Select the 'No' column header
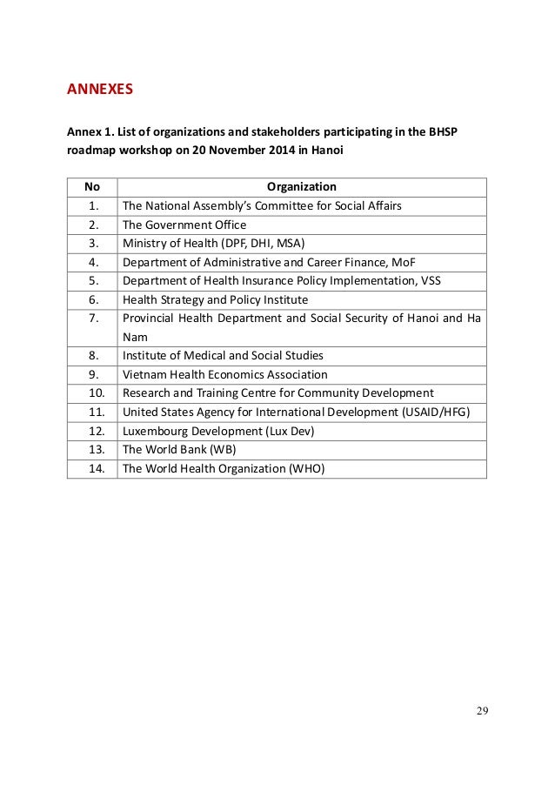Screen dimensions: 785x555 coord(91,186)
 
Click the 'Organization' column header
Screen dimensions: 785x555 coord(301,186)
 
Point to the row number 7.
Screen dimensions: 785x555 coord(91,318)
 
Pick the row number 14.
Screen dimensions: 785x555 coord(91,468)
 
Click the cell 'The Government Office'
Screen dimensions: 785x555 coord(184,224)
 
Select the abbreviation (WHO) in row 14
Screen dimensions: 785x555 coord(305,468)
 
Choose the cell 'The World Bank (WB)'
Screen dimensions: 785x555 coord(179,449)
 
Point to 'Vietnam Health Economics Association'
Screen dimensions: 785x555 coord(225,374)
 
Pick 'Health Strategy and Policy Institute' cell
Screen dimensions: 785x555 coord(215,299)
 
